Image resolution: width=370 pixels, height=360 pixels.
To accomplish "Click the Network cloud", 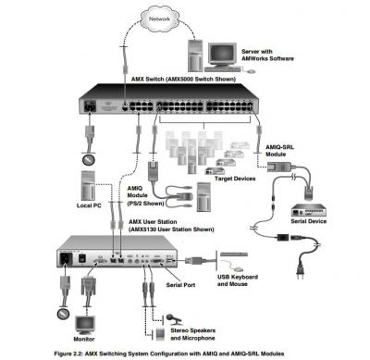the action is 159,19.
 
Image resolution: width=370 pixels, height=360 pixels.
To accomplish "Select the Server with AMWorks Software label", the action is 267,55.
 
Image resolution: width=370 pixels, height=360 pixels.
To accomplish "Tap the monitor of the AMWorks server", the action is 222,56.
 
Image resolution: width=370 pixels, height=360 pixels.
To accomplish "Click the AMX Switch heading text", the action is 183,80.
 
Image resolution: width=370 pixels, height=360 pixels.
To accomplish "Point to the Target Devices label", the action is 235,179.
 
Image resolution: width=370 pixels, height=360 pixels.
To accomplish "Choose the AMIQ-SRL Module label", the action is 279,151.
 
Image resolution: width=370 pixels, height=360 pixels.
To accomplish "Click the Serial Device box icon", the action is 309,211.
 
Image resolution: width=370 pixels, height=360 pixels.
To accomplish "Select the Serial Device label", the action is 309,221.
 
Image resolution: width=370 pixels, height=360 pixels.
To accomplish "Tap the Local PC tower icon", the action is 88,186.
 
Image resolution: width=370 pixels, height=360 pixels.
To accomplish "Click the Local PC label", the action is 89,205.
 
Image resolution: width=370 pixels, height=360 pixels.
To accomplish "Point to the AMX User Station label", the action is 171,226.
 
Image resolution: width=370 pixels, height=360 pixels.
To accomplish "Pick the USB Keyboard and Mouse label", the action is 238,280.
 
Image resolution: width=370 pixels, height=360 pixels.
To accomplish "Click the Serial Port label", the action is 180,285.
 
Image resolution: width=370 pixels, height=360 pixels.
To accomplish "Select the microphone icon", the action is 174,319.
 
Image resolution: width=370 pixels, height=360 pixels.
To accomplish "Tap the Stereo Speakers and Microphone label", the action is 193,334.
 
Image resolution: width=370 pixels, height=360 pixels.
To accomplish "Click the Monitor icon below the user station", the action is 85,326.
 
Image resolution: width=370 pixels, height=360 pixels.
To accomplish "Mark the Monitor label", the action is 84,339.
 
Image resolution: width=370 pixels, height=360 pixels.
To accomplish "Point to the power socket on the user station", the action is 66,258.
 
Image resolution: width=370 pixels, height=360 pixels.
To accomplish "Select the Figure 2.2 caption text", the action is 169,354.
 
